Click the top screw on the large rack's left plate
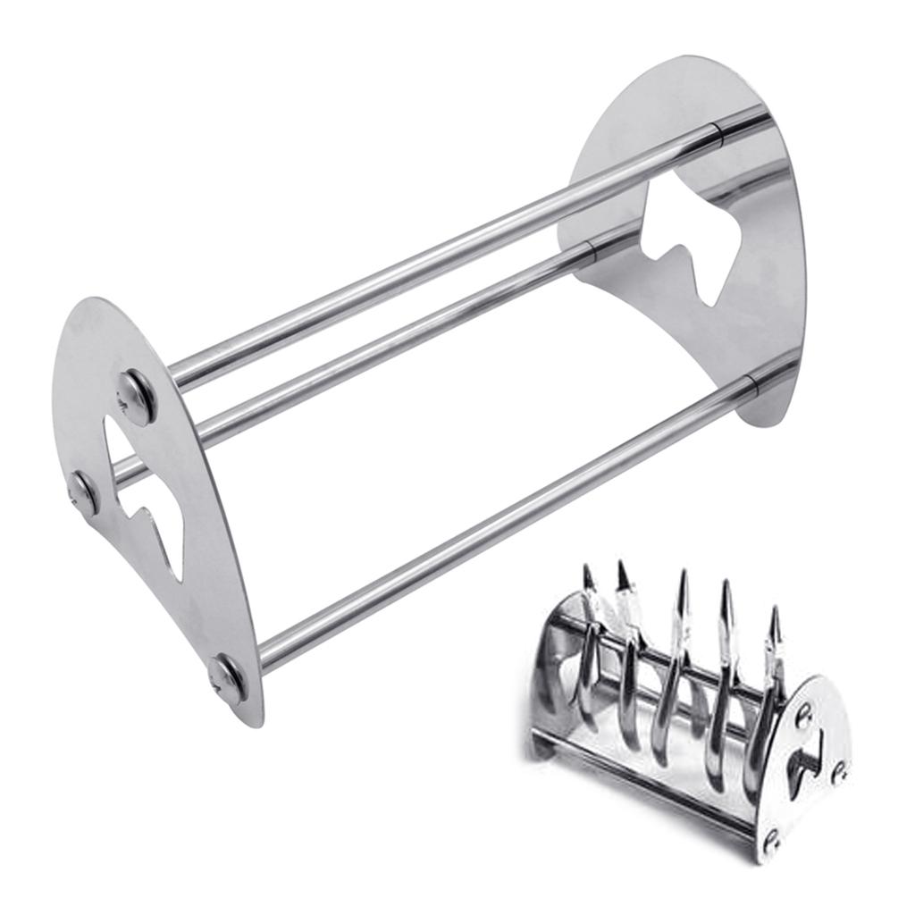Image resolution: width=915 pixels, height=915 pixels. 137,396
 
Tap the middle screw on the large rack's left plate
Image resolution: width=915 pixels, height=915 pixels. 84,492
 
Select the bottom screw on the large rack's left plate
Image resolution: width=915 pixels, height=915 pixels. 227,678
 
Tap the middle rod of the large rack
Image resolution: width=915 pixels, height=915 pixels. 402,340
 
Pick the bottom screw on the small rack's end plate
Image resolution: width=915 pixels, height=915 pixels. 771,839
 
